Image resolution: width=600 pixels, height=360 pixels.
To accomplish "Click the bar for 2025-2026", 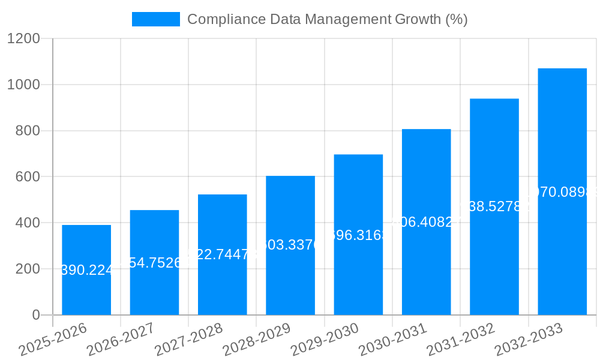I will pyautogui.click(x=86, y=270).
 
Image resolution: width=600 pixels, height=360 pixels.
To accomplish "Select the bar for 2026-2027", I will pyautogui.click(x=154, y=262).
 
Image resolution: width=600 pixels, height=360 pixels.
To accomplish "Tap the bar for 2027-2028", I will pyautogui.click(x=222, y=254).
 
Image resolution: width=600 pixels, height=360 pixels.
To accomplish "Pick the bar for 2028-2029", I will pyautogui.click(x=290, y=245).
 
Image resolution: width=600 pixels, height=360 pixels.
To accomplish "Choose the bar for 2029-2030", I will pyautogui.click(x=358, y=235).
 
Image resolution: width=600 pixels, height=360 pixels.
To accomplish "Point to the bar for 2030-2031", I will pyautogui.click(x=426, y=222).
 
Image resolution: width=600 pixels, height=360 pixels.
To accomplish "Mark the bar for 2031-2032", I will pyautogui.click(x=494, y=207).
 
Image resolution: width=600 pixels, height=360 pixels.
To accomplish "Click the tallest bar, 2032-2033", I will pyautogui.click(x=562, y=192).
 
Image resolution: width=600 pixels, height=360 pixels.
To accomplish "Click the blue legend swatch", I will pyautogui.click(x=156, y=19).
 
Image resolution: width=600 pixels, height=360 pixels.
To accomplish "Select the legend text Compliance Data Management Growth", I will pyautogui.click(x=327, y=19).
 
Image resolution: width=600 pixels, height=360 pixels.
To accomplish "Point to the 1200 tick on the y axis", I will pyautogui.click(x=23, y=38).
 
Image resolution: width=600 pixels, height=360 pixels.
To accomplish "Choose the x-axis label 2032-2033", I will pyautogui.click(x=530, y=339).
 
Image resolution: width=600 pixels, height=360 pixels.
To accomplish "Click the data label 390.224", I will pyautogui.click(x=87, y=271).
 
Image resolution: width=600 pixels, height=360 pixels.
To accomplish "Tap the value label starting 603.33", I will pyautogui.click(x=290, y=245).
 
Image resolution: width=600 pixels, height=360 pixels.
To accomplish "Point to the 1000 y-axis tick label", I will pyautogui.click(x=23, y=85).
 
